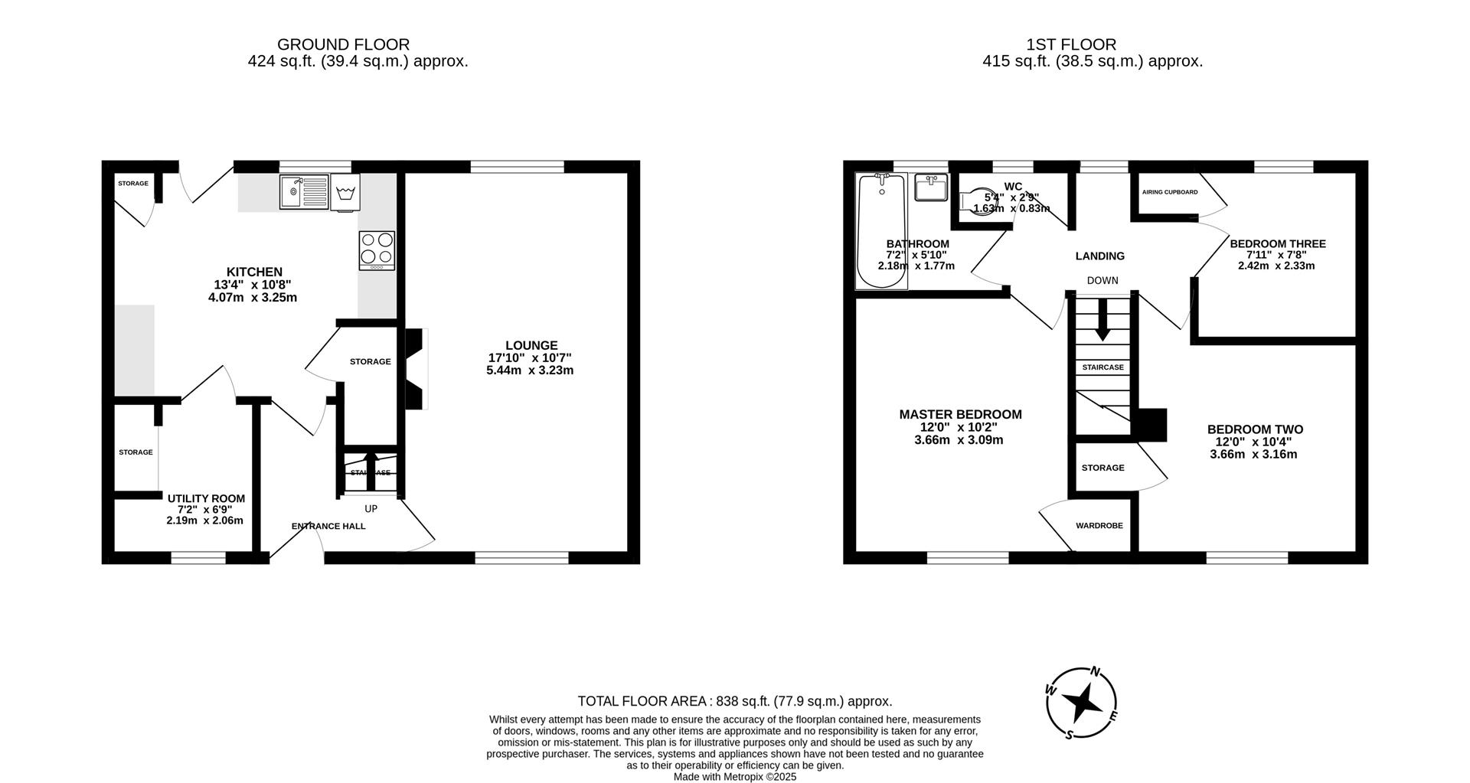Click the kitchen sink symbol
pyautogui.click(x=303, y=191)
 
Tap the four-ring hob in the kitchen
pyautogui.click(x=377, y=250)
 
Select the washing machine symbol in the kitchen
pyautogui.click(x=345, y=191)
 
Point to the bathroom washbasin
pyautogui.click(x=931, y=188)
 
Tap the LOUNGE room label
pyautogui.click(x=531, y=345)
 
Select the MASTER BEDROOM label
pyautogui.click(x=960, y=414)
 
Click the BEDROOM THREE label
pyautogui.click(x=1277, y=244)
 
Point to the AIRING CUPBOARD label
pyautogui.click(x=1169, y=192)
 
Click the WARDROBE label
pyautogui.click(x=1099, y=526)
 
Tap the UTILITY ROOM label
pyautogui.click(x=204, y=498)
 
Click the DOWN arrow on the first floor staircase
pyautogui.click(x=1102, y=320)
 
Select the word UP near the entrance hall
pyautogui.click(x=371, y=508)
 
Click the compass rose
pyautogui.click(x=1082, y=703)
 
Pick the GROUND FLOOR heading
pyautogui.click(x=343, y=44)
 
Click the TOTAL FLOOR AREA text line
pyautogui.click(x=734, y=701)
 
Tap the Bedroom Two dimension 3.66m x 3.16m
pyautogui.click(x=1253, y=454)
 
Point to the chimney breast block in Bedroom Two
pyautogui.click(x=1152, y=425)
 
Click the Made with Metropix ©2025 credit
pyautogui.click(x=734, y=776)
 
